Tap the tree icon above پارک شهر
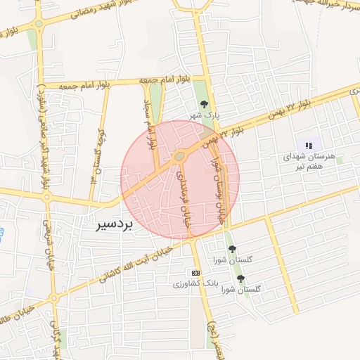coord(204,104)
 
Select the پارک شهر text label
coord(208,114)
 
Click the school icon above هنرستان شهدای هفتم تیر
coord(308,146)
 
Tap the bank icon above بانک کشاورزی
coord(195,273)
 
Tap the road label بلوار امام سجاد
coord(148,123)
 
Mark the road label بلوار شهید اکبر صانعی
coord(44,134)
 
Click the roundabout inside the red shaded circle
coord(180,155)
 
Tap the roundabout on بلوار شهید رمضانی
coord(39,23)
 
